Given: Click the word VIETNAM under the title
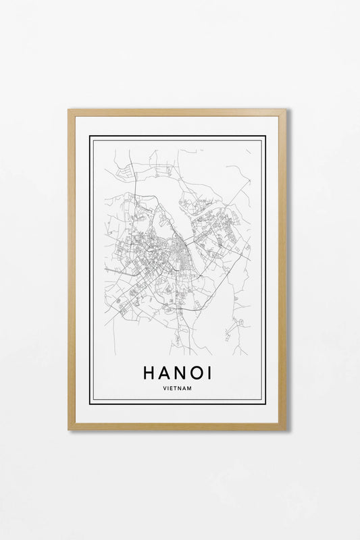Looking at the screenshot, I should [x=178, y=387].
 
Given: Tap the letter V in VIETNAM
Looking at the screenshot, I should [x=165, y=387].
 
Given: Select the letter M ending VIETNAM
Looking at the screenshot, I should [x=190, y=387].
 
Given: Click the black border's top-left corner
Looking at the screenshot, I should [x=91, y=136].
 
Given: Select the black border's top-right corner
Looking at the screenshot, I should [x=265, y=136].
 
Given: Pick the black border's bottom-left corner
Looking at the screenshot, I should [x=91, y=403].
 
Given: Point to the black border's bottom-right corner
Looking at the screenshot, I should [x=265, y=403].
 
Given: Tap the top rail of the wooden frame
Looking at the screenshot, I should [x=177, y=112].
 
